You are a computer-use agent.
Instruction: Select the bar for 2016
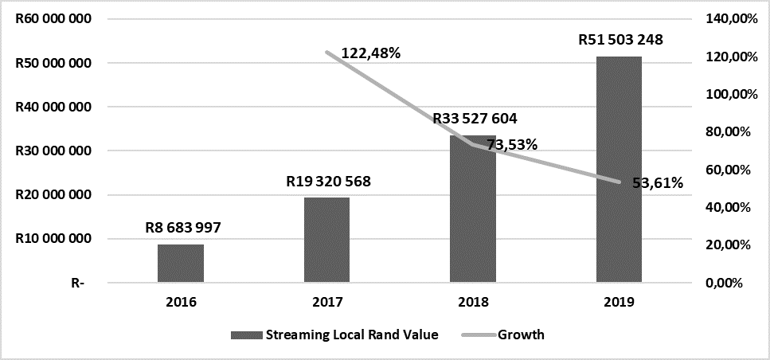(x=181, y=263)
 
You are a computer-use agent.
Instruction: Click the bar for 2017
(x=326, y=240)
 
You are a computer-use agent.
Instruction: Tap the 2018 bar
(x=473, y=209)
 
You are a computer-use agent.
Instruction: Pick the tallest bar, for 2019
(x=620, y=169)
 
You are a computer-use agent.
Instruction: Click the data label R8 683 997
(x=182, y=227)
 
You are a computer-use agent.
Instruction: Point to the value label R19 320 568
(x=328, y=181)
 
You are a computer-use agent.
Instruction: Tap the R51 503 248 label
(x=620, y=40)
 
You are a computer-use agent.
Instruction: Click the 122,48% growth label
(x=370, y=53)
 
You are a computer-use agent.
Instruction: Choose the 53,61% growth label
(x=657, y=182)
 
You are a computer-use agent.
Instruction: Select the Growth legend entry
(x=521, y=335)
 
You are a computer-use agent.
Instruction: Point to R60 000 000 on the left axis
(x=53, y=18)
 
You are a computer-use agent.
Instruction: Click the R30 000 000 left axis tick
(x=53, y=151)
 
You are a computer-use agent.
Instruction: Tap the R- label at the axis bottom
(x=77, y=283)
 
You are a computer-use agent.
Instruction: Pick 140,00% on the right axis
(x=728, y=18)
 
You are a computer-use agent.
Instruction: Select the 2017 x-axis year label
(x=326, y=302)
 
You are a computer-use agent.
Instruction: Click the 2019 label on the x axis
(x=620, y=302)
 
